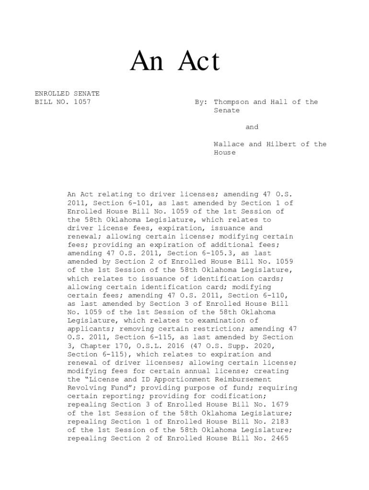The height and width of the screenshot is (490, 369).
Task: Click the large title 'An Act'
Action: point(175,62)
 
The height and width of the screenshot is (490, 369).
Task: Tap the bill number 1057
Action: point(82,102)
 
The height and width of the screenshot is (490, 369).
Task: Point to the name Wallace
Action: point(229,144)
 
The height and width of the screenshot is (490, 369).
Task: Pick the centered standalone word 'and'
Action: point(252,127)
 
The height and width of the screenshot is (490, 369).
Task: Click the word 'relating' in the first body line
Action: point(104,195)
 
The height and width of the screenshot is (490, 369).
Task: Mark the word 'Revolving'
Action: point(87,388)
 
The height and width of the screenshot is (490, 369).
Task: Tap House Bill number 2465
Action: point(279,438)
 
